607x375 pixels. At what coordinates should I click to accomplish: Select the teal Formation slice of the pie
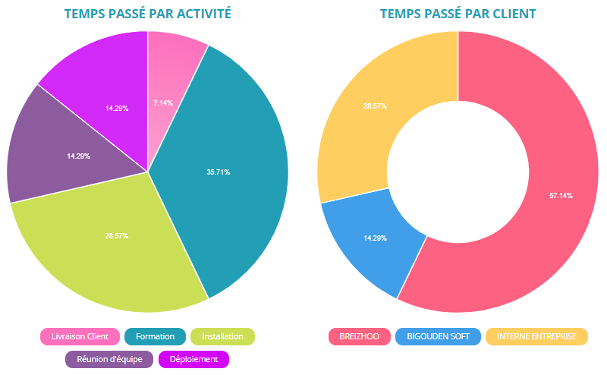click(228, 167)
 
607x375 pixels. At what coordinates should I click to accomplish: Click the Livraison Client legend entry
click(80, 336)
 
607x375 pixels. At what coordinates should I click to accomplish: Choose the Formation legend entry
click(155, 336)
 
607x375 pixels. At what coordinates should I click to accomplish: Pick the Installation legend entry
click(222, 336)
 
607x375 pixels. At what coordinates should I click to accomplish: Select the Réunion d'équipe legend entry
click(109, 359)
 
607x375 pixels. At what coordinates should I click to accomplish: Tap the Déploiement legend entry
click(193, 359)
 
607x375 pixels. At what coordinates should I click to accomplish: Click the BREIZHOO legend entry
click(359, 336)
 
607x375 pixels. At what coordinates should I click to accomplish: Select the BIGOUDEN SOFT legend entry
click(438, 336)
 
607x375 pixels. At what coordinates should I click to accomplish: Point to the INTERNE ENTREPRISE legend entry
click(536, 336)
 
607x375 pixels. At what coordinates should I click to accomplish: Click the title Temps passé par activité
click(147, 14)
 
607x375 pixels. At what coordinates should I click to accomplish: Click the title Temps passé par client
click(458, 14)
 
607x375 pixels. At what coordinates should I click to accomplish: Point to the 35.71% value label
click(218, 172)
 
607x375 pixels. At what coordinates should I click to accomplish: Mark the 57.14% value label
click(561, 196)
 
